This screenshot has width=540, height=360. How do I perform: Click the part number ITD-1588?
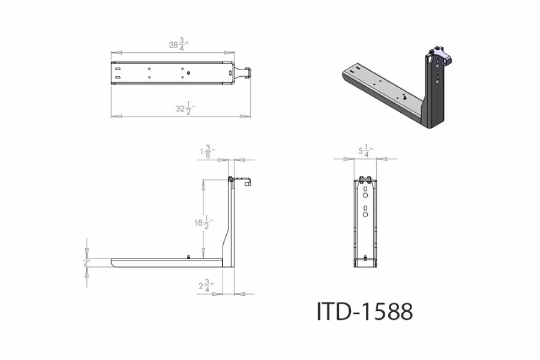click(x=365, y=311)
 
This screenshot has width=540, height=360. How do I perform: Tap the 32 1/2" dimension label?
click(x=185, y=108)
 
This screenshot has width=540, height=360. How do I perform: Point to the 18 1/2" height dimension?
click(x=200, y=223)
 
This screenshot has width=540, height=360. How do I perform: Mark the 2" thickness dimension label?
click(x=87, y=263)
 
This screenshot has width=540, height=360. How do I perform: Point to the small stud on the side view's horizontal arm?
click(x=190, y=256)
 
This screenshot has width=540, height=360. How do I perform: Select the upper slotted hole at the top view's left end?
click(x=118, y=69)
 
